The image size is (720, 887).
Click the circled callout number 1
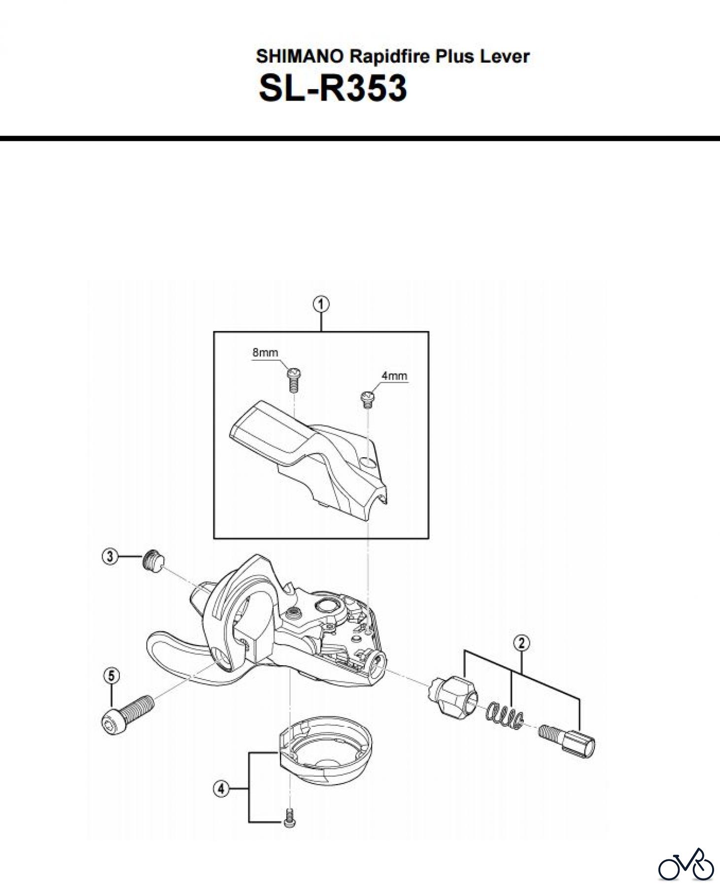(321, 305)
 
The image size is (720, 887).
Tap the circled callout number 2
(521, 643)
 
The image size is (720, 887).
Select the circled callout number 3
(109, 557)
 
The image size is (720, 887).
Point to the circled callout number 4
(221, 789)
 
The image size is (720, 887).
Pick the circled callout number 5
(112, 676)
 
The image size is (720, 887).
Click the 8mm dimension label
(265, 352)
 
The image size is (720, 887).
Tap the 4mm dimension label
(394, 376)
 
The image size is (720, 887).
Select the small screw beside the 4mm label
(367, 399)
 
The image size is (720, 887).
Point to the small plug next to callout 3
(153, 562)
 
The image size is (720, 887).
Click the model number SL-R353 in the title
(333, 88)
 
